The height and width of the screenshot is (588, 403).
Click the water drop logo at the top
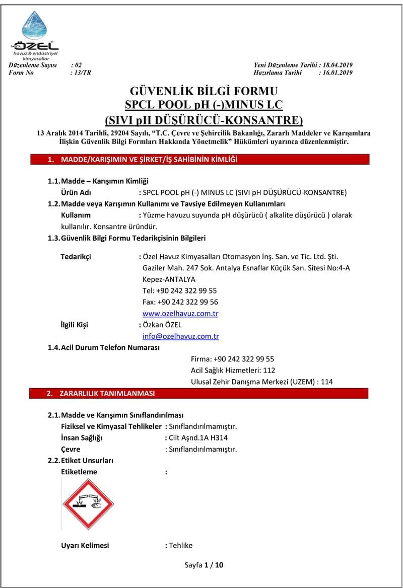point(34,26)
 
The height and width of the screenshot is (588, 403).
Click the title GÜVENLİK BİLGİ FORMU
point(204,91)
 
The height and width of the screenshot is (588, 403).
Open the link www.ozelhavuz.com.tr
point(180,314)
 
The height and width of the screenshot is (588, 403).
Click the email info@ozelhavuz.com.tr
point(180,336)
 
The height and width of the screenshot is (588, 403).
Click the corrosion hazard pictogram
point(88,503)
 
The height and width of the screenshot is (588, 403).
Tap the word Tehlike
point(181,545)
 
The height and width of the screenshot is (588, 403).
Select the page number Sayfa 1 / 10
point(204,565)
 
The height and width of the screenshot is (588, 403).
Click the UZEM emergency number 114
point(326,382)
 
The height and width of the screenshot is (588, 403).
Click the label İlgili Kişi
point(74,325)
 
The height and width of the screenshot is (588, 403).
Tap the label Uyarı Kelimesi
point(85,545)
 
